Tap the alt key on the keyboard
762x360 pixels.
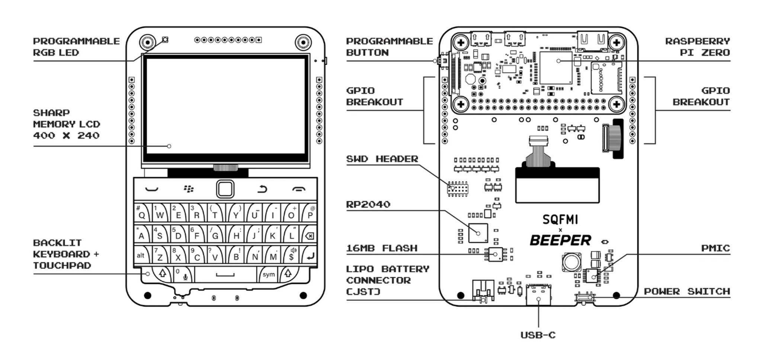tap(140, 255)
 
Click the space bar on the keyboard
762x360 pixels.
tap(225, 275)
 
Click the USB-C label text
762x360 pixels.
tap(538, 335)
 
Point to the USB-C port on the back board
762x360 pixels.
tap(538, 295)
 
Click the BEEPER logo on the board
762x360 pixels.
tap(560, 241)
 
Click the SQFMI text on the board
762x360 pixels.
tap(560, 220)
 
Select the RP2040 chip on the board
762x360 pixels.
tap(478, 233)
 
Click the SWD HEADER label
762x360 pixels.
tap(382, 159)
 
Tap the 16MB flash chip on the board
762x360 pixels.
tap(495, 254)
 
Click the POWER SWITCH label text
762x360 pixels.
tap(687, 292)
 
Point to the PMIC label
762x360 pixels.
tap(715, 248)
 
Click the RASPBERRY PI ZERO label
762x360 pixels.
tap(698, 47)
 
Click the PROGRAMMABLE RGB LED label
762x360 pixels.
tap(76, 47)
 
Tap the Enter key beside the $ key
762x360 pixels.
tap(310, 255)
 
